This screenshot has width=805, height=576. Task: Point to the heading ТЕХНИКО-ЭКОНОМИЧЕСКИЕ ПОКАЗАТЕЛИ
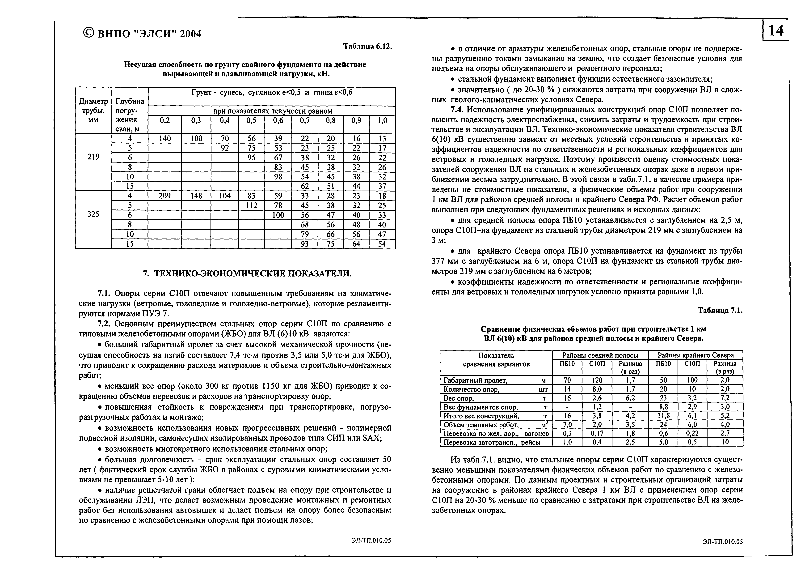pos(247,273)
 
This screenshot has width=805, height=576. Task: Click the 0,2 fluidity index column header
pos(165,121)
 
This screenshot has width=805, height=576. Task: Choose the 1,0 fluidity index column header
pos(382,121)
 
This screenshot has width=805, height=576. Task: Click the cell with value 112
pos(251,205)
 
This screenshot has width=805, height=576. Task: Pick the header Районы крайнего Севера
pos(695,355)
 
